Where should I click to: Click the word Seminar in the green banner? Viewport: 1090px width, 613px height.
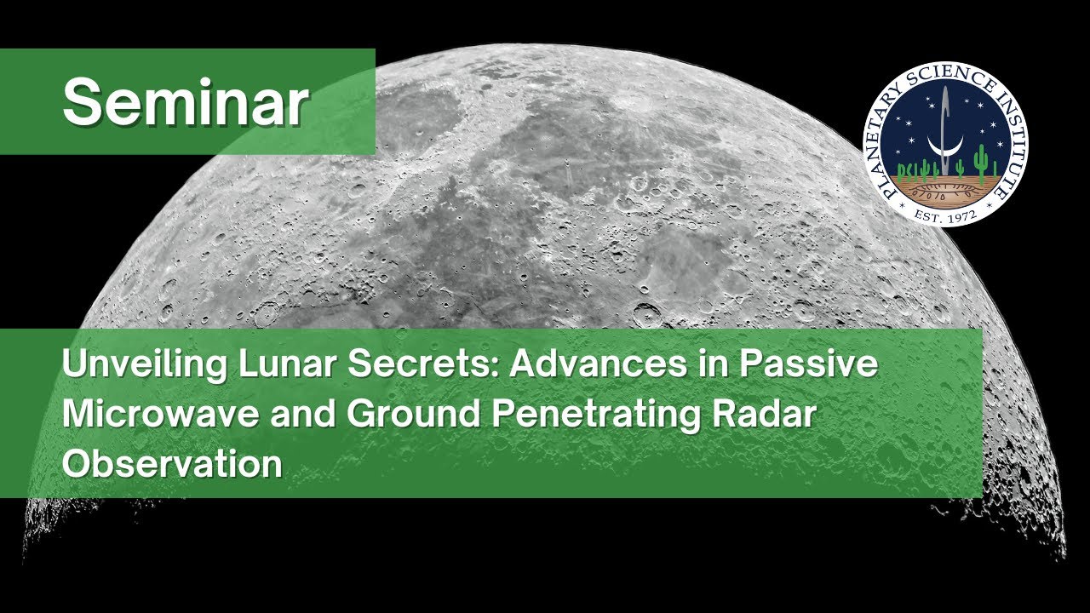click(185, 103)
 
